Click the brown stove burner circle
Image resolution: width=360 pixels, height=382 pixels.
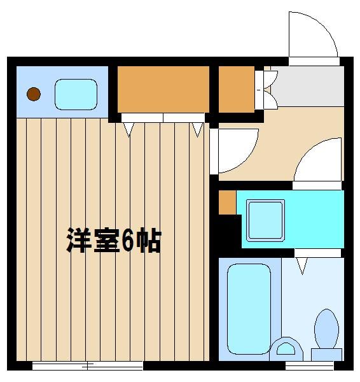pyautogui.click(x=34, y=94)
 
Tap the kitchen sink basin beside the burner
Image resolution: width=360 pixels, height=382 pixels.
pyautogui.click(x=76, y=94)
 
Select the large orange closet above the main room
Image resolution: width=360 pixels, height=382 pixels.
pyautogui.click(x=163, y=89)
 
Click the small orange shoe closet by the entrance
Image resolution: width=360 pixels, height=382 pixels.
pyautogui.click(x=237, y=89)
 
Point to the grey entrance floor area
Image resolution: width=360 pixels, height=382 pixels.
pyautogui.click(x=308, y=86)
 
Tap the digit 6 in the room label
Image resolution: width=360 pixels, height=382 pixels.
pyautogui.click(x=127, y=241)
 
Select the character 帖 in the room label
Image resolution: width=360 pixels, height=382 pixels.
pyautogui.click(x=148, y=241)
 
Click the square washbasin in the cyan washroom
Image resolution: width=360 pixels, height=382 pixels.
pyautogui.click(x=265, y=220)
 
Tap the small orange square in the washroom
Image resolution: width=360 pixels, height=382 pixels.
pyautogui.click(x=227, y=202)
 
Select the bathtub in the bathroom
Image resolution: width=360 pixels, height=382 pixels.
pyautogui.click(x=249, y=309)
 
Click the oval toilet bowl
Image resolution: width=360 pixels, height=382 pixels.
pyautogui.click(x=327, y=329)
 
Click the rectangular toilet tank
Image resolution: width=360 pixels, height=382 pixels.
pyautogui.click(x=327, y=355)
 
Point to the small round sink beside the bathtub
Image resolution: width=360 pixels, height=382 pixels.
pyautogui.click(x=286, y=349)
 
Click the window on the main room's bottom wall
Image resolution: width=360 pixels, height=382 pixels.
pyautogui.click(x=88, y=365)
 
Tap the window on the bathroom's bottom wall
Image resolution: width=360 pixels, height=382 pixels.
pyautogui.click(x=309, y=365)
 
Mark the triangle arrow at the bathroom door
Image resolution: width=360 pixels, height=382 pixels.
pyautogui.click(x=302, y=266)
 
